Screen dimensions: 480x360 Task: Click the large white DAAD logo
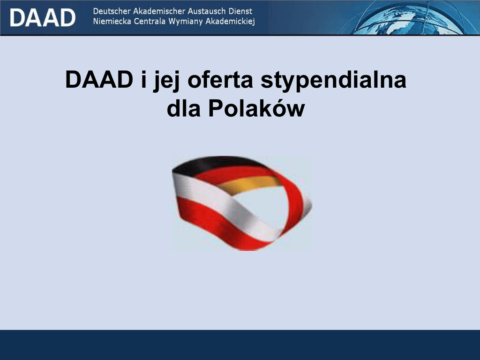43,17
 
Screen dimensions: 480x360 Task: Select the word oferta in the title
220,80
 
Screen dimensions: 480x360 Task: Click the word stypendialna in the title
333,81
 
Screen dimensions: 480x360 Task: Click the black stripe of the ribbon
211,164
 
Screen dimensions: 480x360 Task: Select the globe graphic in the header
410,17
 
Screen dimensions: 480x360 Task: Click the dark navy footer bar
240,345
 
